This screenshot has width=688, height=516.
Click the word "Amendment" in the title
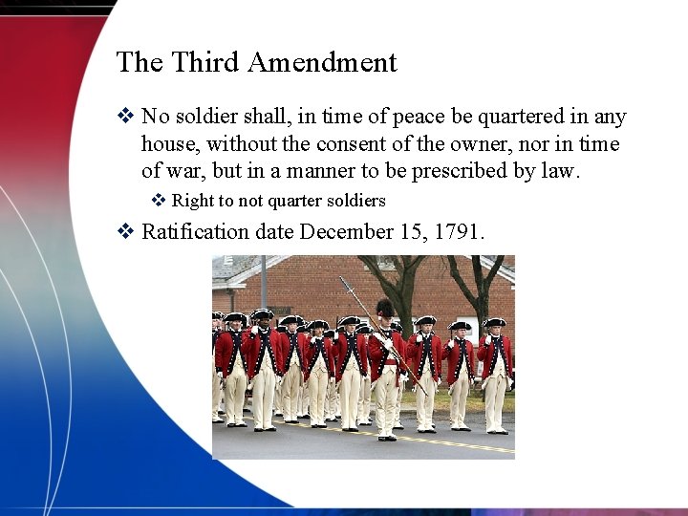[322, 63]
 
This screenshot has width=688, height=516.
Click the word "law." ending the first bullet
[558, 172]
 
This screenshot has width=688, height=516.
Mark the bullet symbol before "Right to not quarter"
[160, 201]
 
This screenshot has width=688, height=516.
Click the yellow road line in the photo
[449, 441]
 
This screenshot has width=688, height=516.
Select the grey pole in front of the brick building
[263, 282]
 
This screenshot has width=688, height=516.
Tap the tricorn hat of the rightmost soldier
[494, 323]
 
